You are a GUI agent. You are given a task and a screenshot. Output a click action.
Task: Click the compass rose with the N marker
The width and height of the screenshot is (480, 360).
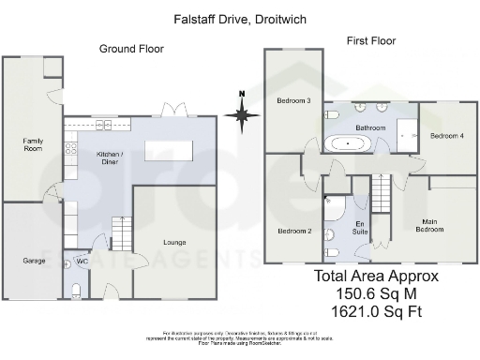[242, 114]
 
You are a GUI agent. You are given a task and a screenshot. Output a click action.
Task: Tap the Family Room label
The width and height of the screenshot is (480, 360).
[33, 144]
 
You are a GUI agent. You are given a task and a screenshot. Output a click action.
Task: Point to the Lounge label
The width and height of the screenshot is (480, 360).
[173, 243]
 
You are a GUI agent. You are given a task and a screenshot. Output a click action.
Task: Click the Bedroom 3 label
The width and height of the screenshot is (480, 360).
[292, 100]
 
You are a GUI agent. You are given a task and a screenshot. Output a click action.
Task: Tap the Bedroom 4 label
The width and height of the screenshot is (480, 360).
[446, 136]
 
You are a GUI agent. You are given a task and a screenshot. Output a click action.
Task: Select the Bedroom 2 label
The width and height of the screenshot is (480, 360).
[293, 230]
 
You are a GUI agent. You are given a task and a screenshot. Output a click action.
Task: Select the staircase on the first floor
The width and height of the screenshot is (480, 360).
[382, 192]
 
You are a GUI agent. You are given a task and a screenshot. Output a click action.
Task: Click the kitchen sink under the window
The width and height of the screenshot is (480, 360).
[101, 124]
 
